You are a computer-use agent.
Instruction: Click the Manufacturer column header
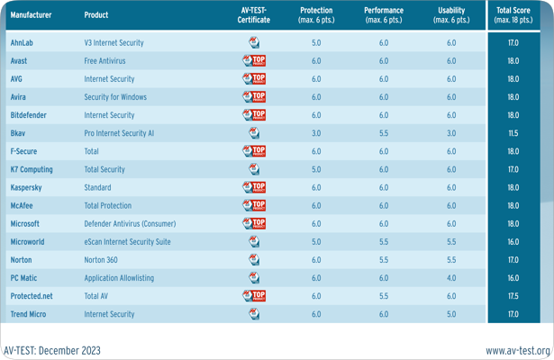click(31, 15)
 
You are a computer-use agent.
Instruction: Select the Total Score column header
click(513, 15)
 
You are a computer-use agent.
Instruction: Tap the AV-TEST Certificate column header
click(253, 15)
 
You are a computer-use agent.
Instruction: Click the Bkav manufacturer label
click(18, 133)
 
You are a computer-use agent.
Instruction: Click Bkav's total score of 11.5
click(513, 133)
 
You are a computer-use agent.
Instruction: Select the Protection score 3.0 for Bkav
click(316, 133)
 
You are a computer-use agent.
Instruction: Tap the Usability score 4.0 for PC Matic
click(451, 278)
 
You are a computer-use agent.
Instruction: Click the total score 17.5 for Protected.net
click(513, 296)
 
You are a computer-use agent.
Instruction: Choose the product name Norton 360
click(101, 260)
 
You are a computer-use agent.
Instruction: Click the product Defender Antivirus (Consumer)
click(130, 223)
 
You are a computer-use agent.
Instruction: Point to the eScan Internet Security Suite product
click(127, 242)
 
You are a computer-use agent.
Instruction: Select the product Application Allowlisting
click(119, 278)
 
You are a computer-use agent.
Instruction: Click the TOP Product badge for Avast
click(254, 61)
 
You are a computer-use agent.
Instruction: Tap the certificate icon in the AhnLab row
click(254, 42)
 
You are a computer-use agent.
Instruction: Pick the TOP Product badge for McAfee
click(254, 205)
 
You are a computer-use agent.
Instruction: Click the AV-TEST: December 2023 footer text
click(52, 350)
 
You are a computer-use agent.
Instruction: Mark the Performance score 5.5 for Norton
click(384, 260)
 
